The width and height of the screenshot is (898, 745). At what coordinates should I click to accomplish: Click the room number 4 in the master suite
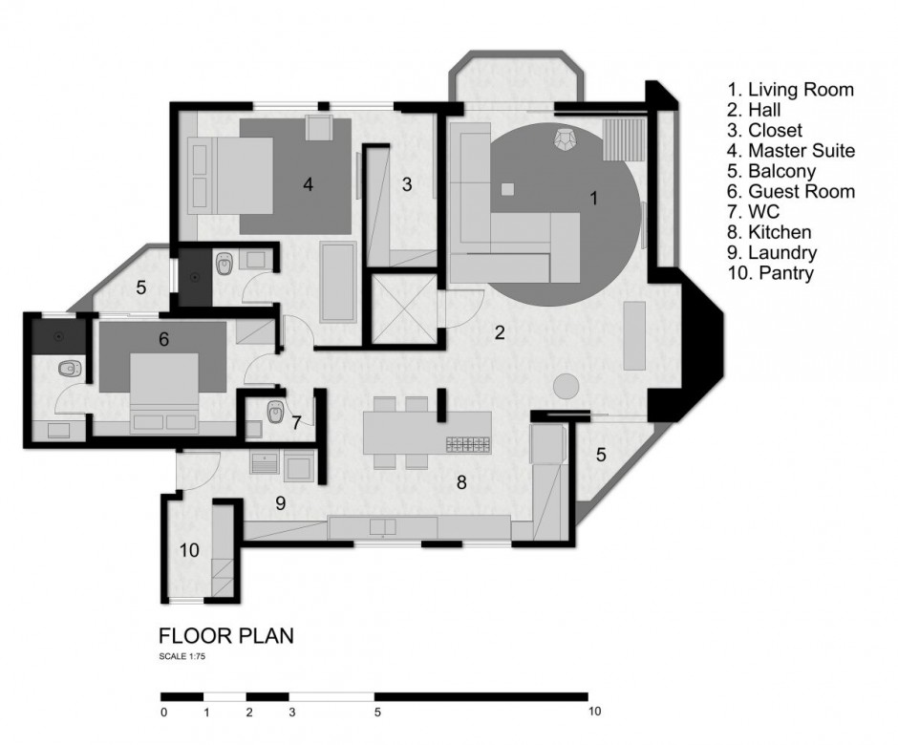309,184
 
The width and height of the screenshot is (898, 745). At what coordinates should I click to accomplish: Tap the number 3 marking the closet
407,184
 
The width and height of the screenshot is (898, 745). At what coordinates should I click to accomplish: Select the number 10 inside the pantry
189,550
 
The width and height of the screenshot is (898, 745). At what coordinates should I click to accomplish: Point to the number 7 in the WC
296,422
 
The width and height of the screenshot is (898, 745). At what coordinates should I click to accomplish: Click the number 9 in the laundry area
280,502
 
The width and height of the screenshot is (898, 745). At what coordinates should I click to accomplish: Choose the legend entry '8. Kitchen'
770,232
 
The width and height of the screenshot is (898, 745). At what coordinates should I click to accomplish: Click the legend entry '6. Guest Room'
791,191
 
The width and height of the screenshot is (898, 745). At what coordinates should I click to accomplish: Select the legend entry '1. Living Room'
790,90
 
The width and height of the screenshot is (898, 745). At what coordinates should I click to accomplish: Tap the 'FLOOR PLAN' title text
226,635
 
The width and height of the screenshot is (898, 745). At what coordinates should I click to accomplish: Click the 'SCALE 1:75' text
182,656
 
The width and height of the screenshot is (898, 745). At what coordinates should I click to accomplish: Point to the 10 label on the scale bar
594,712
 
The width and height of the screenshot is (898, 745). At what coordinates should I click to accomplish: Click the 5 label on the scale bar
377,713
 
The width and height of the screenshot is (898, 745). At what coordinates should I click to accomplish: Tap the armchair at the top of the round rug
567,139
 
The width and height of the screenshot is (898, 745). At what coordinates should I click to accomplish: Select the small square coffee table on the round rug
507,189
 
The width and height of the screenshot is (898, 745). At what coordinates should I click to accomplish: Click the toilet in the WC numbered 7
275,411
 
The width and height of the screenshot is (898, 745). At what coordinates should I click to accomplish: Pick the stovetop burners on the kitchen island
468,444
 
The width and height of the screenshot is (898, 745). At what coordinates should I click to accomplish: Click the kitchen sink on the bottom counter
382,526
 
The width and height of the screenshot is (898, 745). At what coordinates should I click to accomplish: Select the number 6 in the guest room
163,340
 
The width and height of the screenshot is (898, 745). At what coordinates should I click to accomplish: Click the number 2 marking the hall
500,332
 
